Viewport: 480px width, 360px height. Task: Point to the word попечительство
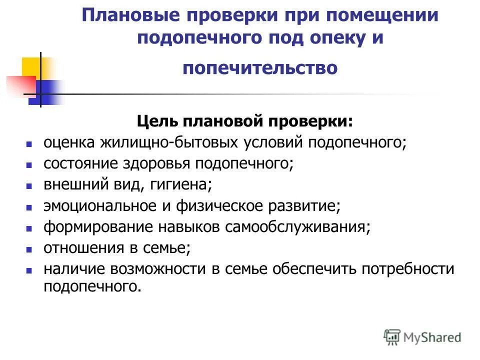(x=260, y=67)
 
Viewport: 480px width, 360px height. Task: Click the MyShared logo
(x=422, y=336)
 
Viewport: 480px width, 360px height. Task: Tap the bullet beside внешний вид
(x=29, y=185)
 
